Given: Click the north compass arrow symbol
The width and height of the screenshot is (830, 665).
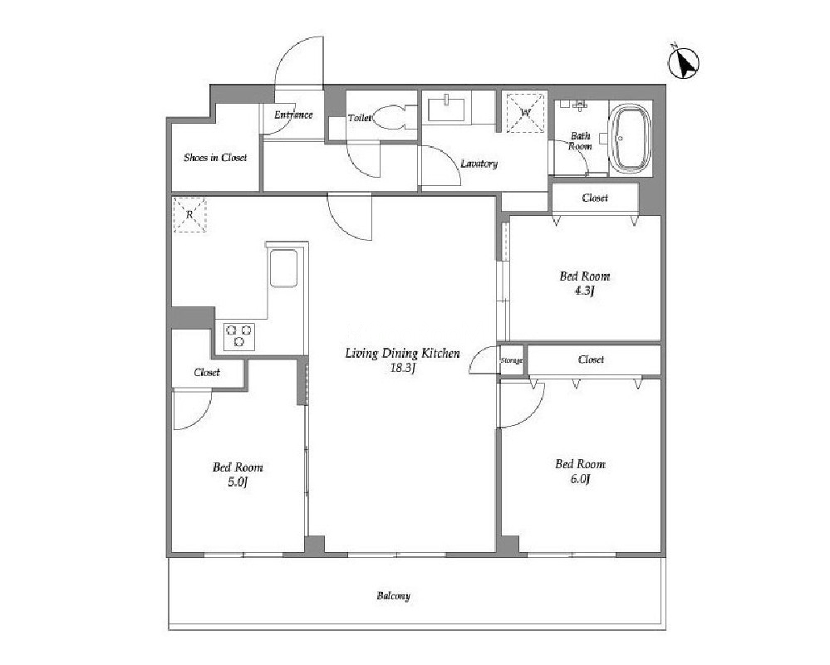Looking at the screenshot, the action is [684, 62].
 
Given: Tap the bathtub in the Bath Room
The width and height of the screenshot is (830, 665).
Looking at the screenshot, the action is [631, 139].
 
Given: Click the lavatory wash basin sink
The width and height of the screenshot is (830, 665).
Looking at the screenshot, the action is [446, 109].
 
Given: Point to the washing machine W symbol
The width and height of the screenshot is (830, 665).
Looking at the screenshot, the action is [525, 113].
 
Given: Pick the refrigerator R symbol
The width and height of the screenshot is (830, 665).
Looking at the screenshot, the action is [189, 215].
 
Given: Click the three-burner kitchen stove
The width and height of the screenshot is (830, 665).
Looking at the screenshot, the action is [239, 336].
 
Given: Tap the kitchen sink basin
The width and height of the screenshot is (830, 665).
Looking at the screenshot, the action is [283, 267].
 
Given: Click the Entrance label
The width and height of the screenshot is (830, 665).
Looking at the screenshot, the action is [293, 115].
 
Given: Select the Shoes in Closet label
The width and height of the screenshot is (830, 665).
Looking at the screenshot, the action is [215, 157].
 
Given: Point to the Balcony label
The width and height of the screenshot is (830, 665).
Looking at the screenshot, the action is [393, 596].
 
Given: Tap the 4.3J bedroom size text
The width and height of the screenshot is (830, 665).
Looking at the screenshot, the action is [584, 290].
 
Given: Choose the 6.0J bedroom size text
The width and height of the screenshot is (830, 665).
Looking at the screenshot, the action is [580, 479].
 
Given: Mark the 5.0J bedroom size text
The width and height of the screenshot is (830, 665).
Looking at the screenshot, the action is [238, 482].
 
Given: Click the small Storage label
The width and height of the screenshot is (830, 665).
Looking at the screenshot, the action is [512, 360].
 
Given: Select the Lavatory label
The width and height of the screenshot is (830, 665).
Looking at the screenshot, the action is [479, 164].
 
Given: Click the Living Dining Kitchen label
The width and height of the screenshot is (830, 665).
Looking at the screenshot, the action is [402, 353].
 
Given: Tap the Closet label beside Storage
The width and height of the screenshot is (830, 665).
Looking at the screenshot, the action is [591, 359].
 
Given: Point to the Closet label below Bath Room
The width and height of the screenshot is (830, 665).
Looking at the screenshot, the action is [595, 198].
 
